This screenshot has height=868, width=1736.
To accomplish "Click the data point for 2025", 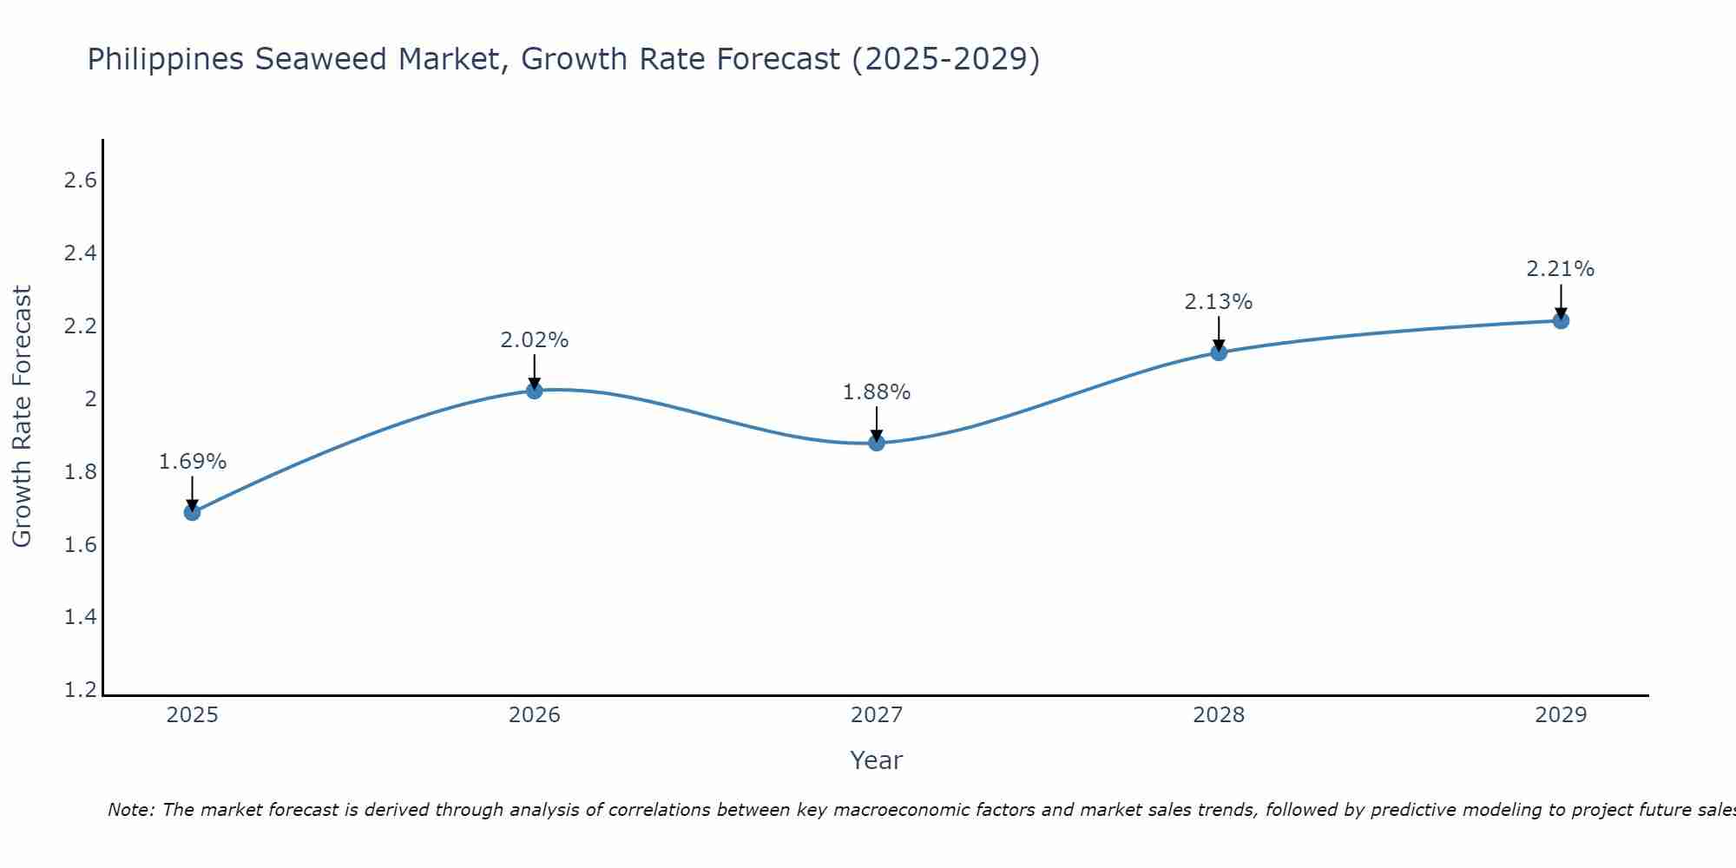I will tap(192, 512).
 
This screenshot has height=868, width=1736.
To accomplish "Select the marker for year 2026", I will tap(535, 391).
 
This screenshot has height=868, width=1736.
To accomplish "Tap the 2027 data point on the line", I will tap(877, 443).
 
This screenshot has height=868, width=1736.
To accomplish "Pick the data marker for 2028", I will tap(1219, 352).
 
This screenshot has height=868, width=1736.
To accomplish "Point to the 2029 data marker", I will tap(1561, 320).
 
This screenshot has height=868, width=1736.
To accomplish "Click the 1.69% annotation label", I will tap(192, 462).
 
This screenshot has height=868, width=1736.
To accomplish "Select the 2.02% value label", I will tap(535, 340).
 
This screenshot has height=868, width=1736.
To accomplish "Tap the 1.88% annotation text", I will tap(877, 392).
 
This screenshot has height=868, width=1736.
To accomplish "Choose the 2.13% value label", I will tap(1219, 302).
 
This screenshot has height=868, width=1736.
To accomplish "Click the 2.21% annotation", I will tap(1561, 269).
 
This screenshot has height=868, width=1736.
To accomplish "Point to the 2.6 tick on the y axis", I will tap(80, 181).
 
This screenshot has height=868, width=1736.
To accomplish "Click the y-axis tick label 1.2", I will tap(80, 690).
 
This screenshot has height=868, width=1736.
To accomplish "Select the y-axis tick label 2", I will tap(89, 399).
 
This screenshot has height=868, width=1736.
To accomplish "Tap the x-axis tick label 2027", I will tap(877, 715).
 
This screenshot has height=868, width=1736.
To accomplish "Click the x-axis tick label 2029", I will tap(1561, 715).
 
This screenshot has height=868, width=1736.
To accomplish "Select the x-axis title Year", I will tap(877, 760).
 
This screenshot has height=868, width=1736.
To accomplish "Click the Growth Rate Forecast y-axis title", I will tap(22, 417).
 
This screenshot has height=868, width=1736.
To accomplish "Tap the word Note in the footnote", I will tap(130, 810).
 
